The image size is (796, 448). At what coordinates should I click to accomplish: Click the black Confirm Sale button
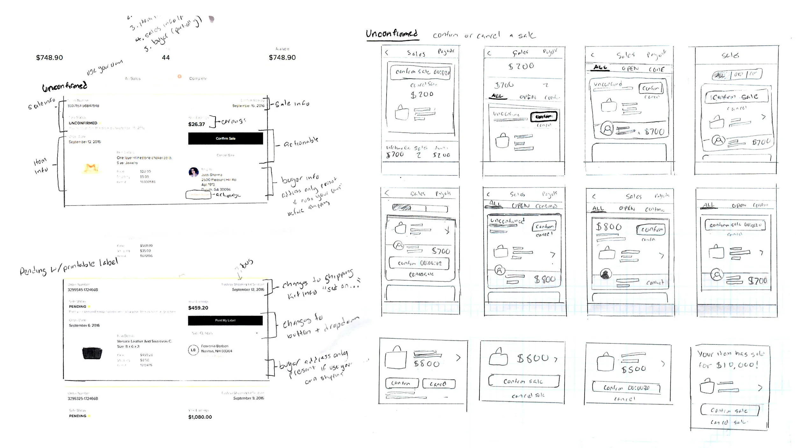pyautogui.click(x=225, y=138)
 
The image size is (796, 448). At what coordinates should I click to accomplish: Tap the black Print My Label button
pyautogui.click(x=225, y=320)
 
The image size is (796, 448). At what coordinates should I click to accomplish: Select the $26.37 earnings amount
pyautogui.click(x=196, y=124)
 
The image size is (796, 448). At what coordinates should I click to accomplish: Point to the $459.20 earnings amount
pyautogui.click(x=198, y=308)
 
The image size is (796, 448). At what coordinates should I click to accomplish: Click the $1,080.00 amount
pyautogui.click(x=200, y=417)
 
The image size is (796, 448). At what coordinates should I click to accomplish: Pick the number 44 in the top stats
pyautogui.click(x=166, y=58)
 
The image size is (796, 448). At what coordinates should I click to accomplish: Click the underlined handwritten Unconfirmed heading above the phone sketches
pyautogui.click(x=392, y=34)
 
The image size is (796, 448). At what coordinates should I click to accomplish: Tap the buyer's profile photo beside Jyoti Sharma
pyautogui.click(x=194, y=172)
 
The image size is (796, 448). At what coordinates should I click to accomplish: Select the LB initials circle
pyautogui.click(x=193, y=350)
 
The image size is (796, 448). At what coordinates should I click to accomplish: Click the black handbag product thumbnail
pyautogui.click(x=92, y=353)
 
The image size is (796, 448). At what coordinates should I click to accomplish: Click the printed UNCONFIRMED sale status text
pyautogui.click(x=83, y=123)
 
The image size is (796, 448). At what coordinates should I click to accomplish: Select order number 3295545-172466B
pyautogui.click(x=83, y=290)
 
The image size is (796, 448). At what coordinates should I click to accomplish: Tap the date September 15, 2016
pyautogui.click(x=248, y=106)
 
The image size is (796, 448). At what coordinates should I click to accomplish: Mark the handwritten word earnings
pyautogui.click(x=234, y=121)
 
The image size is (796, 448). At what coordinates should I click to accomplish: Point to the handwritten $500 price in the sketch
pyautogui.click(x=634, y=369)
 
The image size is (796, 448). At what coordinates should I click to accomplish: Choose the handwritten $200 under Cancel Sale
pyautogui.click(x=422, y=95)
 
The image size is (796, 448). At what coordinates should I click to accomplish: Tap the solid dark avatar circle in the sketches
pyautogui.click(x=606, y=274)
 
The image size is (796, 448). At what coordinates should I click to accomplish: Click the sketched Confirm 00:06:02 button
pyautogui.click(x=419, y=263)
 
